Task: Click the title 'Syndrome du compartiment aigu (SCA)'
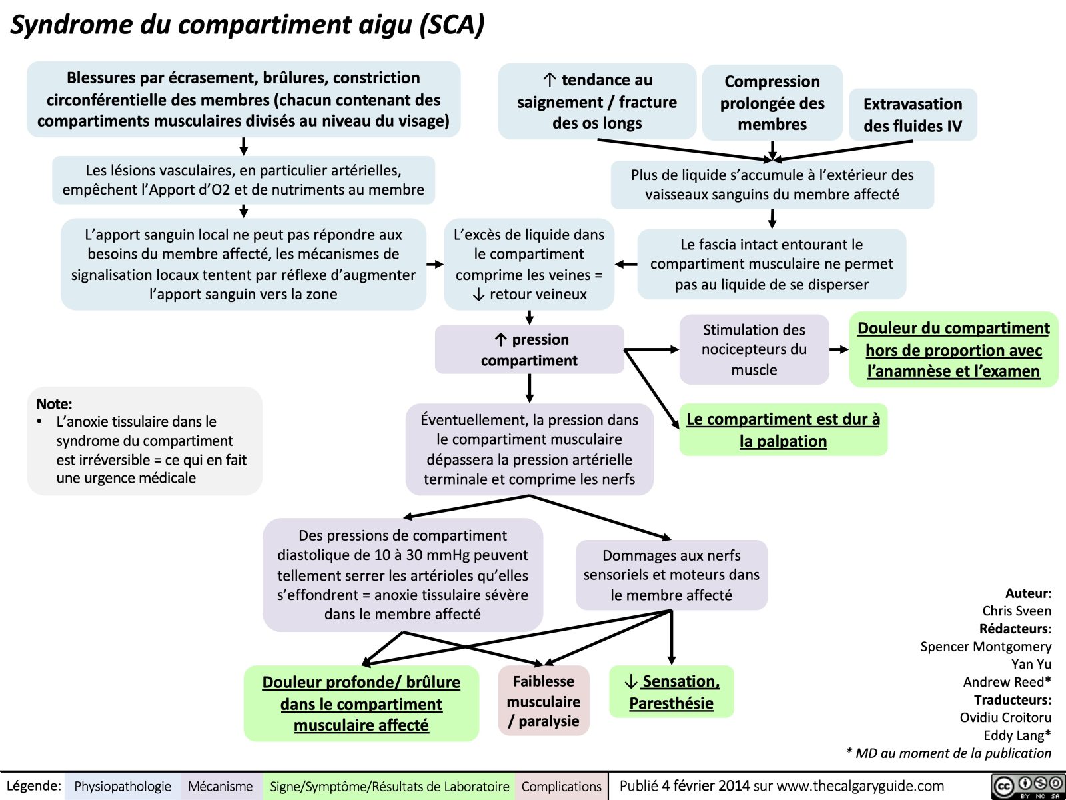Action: [247, 25]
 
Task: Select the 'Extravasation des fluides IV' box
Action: [912, 115]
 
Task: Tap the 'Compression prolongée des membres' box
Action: [772, 103]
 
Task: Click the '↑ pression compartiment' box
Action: [529, 349]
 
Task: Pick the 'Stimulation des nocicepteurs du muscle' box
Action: [754, 349]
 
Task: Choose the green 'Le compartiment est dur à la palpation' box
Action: [783, 430]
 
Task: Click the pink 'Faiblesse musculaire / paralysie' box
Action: [543, 701]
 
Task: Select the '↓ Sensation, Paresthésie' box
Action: [671, 692]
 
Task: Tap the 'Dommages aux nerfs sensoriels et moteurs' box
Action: [671, 575]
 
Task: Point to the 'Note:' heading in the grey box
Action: [55, 404]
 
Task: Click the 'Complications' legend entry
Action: [561, 787]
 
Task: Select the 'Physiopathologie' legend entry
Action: [123, 787]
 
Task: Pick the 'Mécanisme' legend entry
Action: [220, 787]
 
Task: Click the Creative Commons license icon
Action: [1027, 786]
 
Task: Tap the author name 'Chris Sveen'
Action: [1016, 611]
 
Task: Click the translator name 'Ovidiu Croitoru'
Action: [1005, 717]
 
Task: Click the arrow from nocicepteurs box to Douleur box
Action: [839, 349]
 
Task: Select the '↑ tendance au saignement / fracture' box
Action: [596, 101]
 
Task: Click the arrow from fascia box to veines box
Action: [626, 265]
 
